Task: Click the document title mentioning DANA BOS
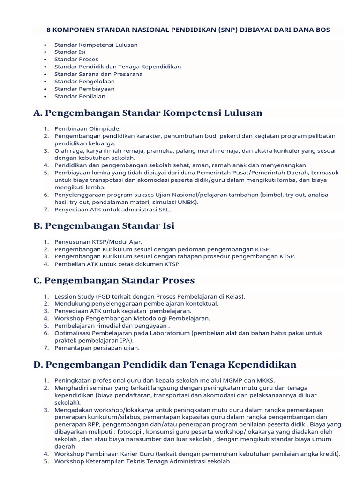188,30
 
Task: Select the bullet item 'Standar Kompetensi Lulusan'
96,45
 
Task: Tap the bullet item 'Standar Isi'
70,52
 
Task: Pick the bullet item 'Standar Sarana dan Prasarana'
98,74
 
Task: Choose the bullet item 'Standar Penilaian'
80,96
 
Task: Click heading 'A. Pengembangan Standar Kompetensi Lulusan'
148,113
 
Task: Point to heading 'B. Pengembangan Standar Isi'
104,226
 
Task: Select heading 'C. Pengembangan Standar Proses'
114,280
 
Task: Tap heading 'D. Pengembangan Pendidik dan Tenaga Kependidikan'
165,364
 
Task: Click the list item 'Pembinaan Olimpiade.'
87,128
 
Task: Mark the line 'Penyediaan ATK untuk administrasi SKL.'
112,210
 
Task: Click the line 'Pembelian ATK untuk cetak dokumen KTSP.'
117,264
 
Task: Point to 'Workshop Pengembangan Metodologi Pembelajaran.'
132,318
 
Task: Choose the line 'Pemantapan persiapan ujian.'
97,348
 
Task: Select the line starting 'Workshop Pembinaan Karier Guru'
197,454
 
